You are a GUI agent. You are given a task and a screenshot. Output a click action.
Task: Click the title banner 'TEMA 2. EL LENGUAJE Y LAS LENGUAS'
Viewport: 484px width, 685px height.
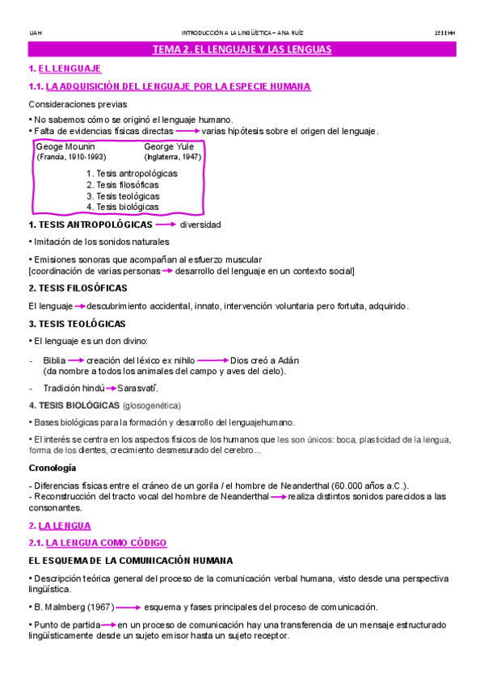tap(242, 50)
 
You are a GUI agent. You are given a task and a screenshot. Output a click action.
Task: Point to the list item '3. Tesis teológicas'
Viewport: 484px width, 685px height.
tap(123, 195)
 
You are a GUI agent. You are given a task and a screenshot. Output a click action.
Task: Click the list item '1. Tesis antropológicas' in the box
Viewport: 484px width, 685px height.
tap(132, 174)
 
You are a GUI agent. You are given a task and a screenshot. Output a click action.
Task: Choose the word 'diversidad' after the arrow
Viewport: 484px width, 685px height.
tap(200, 225)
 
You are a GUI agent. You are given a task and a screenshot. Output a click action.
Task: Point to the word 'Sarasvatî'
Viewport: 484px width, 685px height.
tap(137, 389)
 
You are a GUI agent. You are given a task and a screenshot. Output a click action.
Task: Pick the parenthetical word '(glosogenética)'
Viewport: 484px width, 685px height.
tap(151, 406)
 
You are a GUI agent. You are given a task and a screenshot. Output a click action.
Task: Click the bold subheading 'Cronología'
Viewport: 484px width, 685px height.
tap(53, 468)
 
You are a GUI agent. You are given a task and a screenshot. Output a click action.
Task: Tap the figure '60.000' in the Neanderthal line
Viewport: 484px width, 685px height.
tap(349, 485)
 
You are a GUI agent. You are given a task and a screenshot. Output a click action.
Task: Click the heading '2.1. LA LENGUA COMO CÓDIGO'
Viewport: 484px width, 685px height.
tap(97, 543)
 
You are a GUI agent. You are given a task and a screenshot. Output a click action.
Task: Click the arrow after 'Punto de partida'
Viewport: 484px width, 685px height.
tap(107, 624)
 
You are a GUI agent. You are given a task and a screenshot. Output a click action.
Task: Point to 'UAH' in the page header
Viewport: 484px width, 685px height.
tap(35, 33)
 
